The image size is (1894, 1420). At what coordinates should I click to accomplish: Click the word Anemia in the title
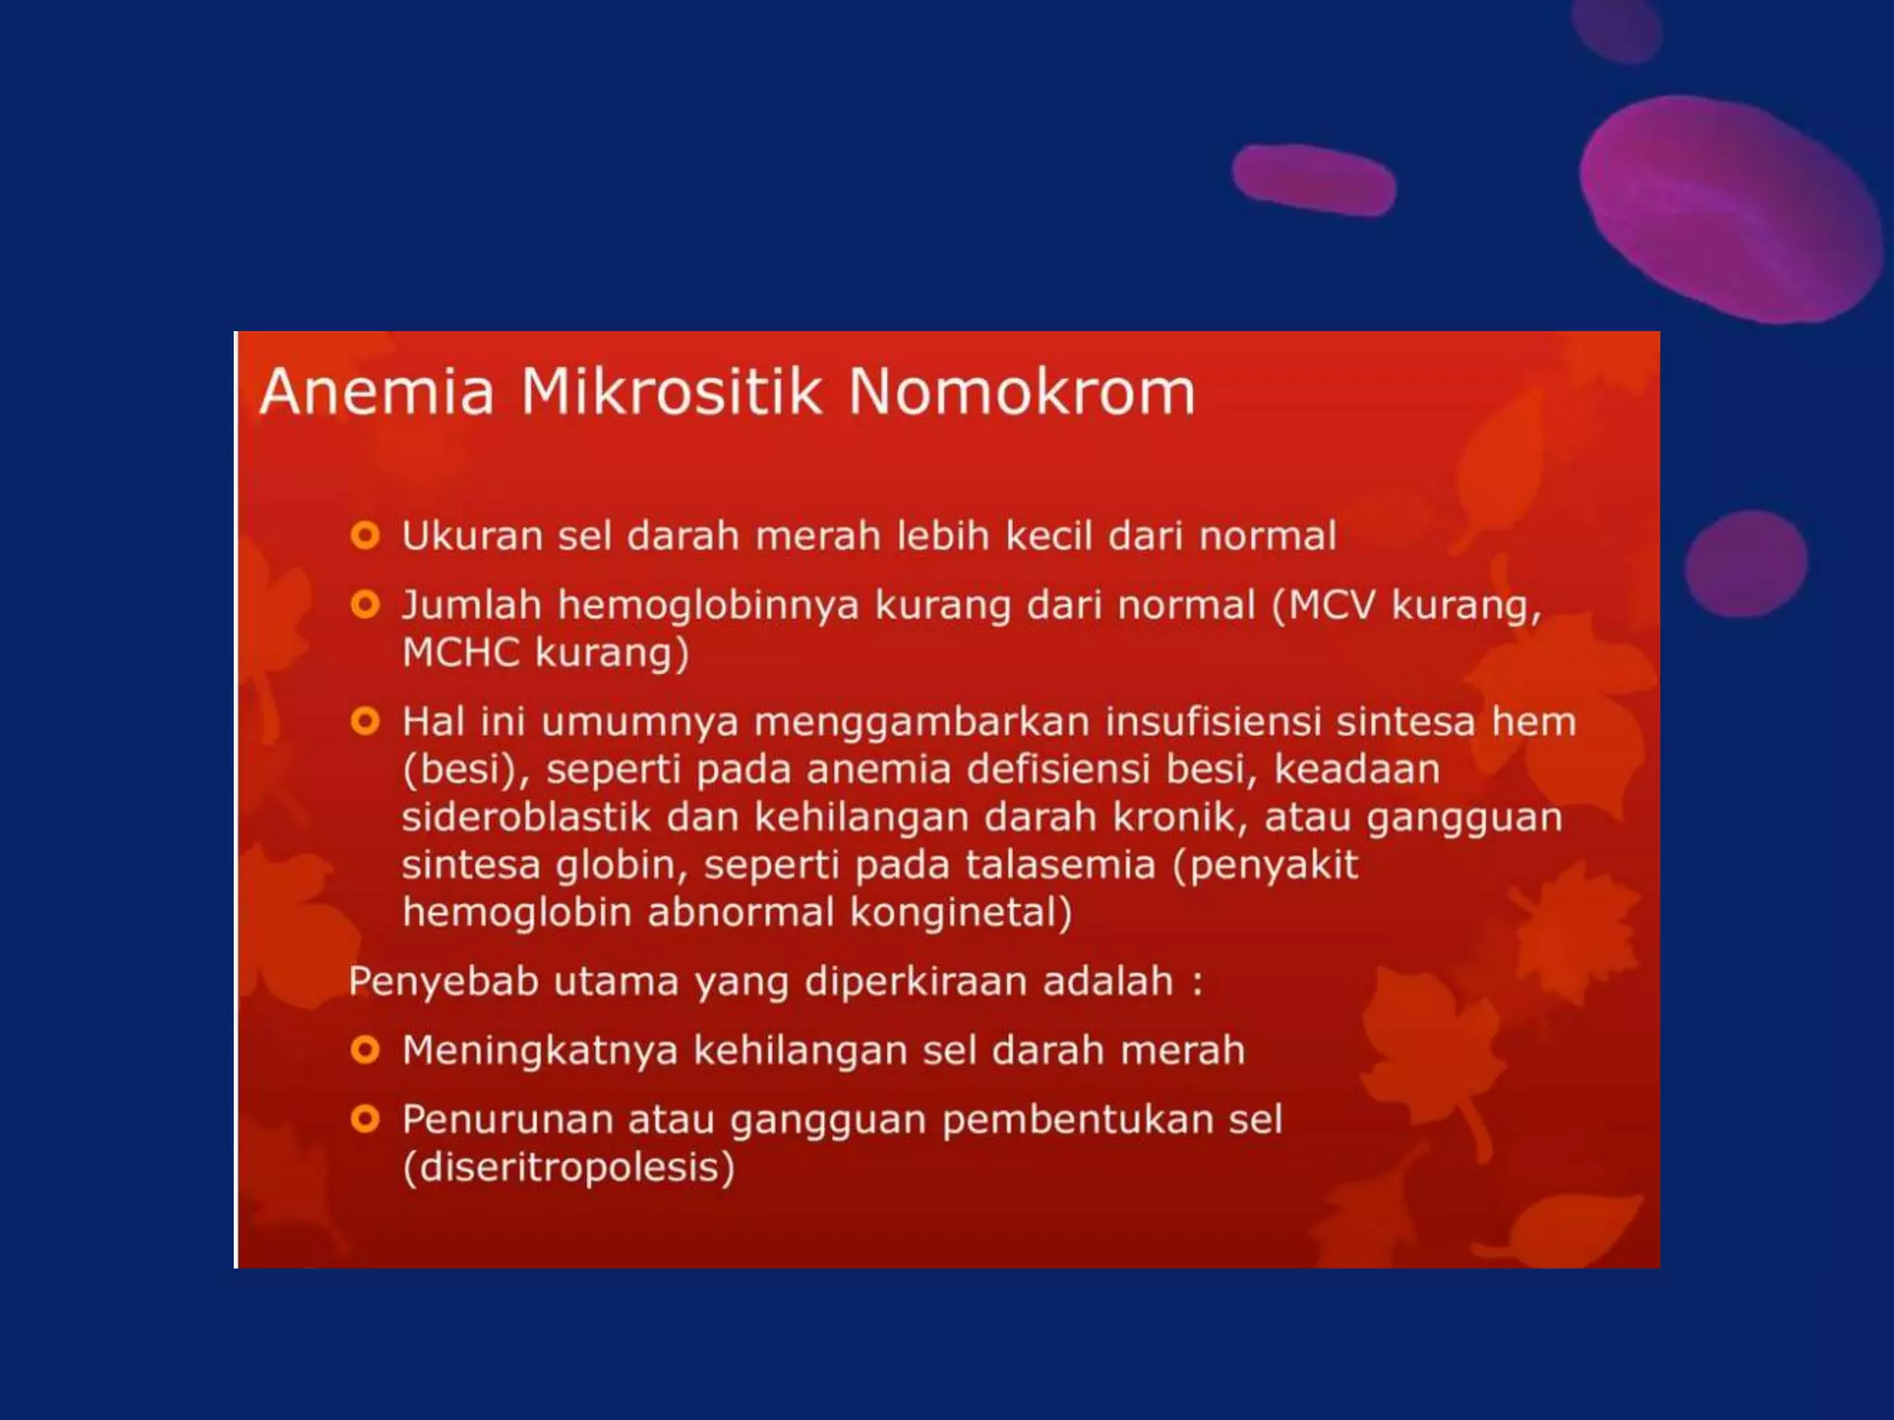pos(377,392)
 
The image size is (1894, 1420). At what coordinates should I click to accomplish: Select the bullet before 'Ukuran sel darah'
pos(365,535)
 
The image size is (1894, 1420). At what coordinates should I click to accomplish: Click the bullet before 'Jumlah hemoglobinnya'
pos(365,605)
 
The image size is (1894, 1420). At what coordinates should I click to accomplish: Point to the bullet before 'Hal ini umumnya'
pos(365,721)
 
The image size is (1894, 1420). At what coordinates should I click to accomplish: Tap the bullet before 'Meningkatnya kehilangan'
pos(365,1050)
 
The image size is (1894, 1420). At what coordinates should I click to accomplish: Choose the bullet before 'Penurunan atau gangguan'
pos(365,1120)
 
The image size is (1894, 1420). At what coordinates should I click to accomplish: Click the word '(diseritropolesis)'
pos(569,1168)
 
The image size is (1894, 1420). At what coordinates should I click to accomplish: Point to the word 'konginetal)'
pos(961,913)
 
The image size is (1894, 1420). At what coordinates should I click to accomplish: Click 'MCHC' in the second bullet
pos(461,653)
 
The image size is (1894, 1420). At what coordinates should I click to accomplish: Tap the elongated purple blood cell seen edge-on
pos(1313,179)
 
